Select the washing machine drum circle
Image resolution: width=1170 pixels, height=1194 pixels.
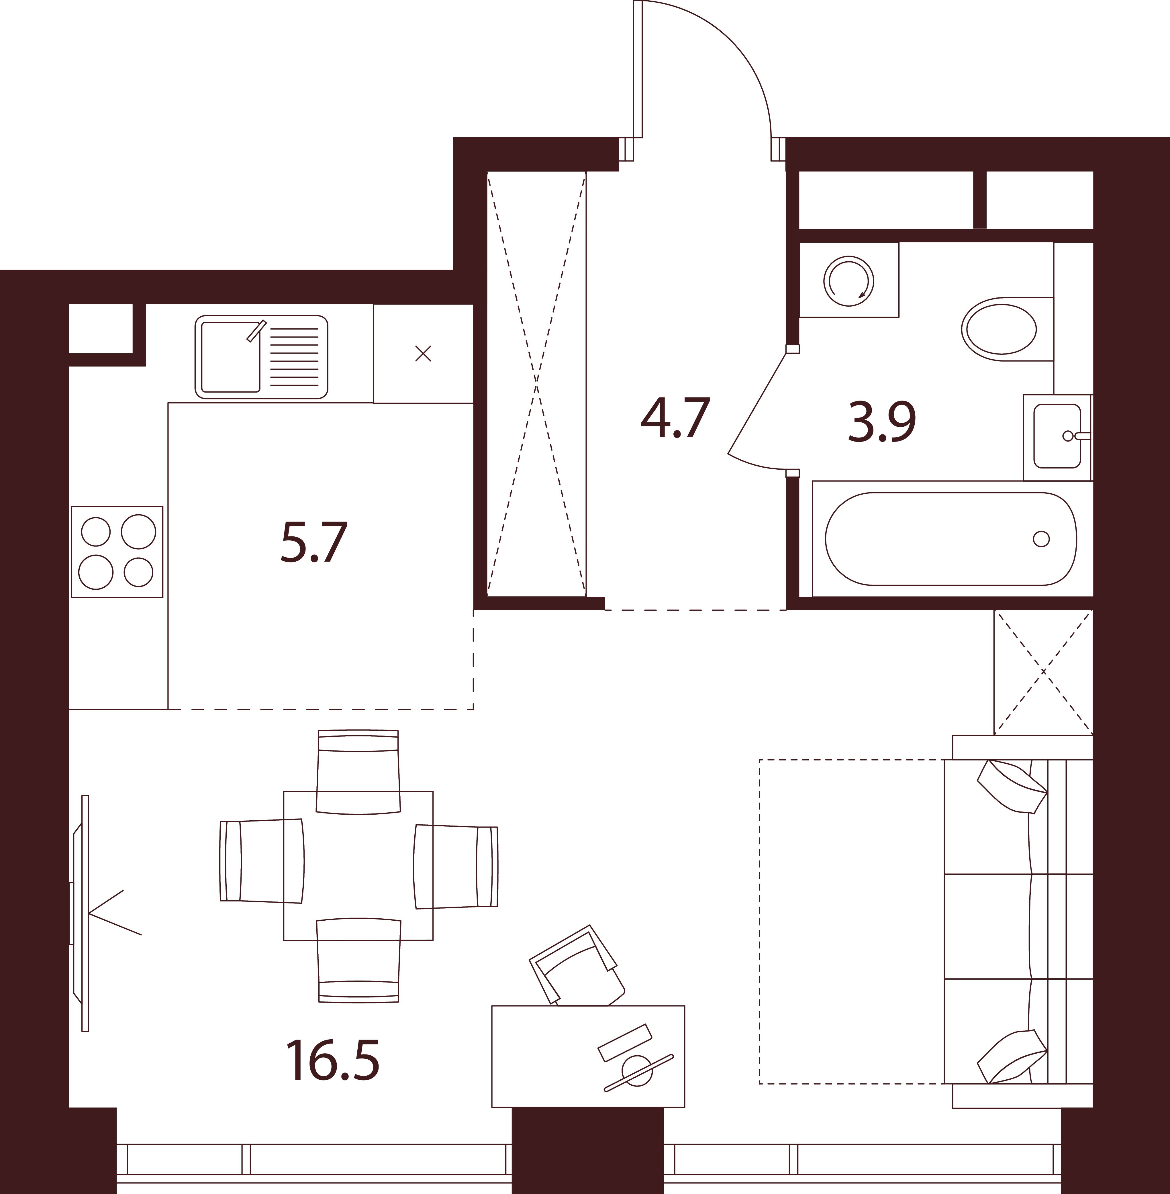[848, 280]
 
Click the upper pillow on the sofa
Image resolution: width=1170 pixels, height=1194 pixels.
[1012, 787]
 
